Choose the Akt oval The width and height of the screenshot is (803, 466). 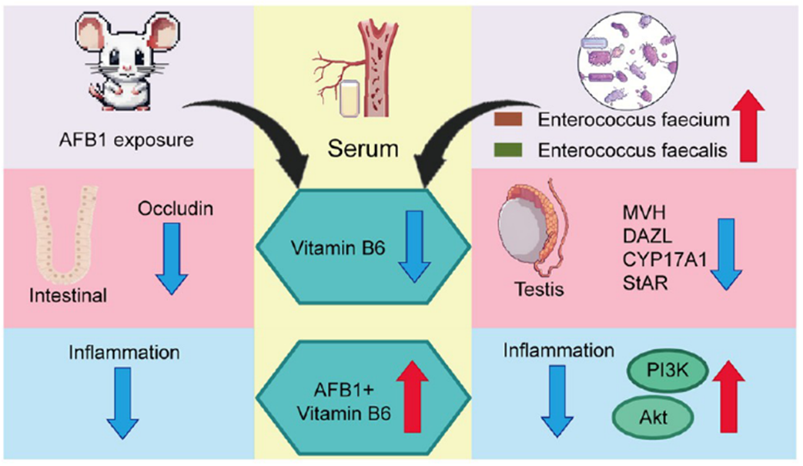point(642,418)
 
